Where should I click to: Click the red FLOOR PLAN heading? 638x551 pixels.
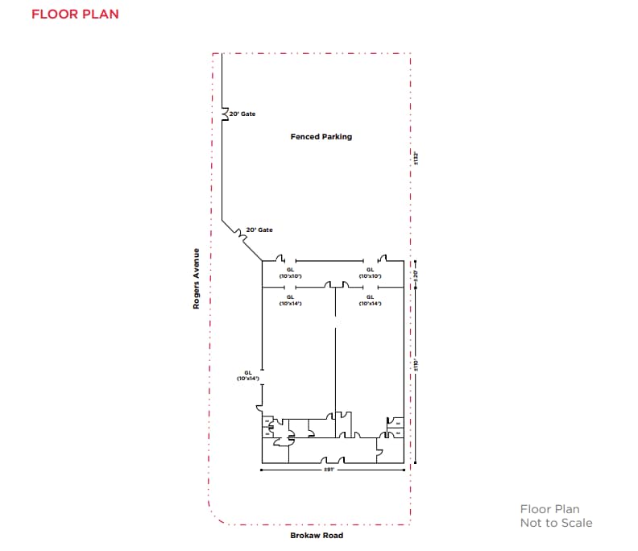click(x=75, y=14)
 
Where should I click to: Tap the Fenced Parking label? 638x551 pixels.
click(x=321, y=137)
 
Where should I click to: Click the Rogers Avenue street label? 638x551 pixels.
click(x=196, y=279)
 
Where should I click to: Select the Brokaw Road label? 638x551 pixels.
click(x=317, y=536)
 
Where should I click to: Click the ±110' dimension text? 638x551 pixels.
click(x=416, y=365)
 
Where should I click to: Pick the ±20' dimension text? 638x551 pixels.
click(x=416, y=275)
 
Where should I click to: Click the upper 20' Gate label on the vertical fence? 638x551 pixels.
click(x=242, y=114)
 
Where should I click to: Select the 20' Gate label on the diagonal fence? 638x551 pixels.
click(x=259, y=230)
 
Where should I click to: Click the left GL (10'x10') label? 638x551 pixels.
click(x=290, y=273)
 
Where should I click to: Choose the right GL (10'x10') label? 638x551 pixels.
click(x=370, y=273)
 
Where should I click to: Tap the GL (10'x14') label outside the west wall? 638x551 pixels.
click(x=247, y=375)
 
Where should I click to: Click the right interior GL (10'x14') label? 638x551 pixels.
click(x=370, y=300)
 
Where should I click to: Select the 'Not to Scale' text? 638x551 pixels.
click(x=556, y=523)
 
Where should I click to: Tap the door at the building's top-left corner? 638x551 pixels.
click(x=280, y=259)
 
